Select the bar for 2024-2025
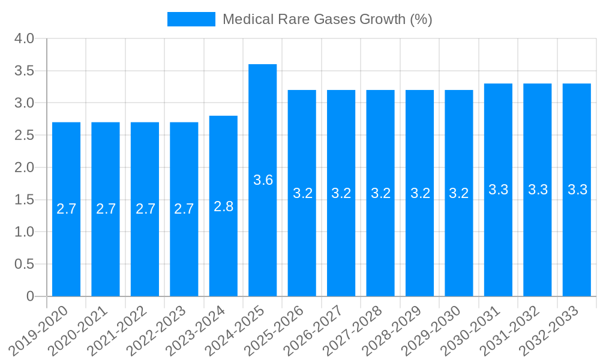click(x=263, y=180)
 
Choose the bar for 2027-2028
click(x=380, y=193)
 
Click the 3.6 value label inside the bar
click(x=263, y=180)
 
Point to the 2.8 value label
click(x=223, y=206)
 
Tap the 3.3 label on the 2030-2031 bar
click(x=498, y=190)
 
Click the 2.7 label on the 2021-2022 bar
click(x=145, y=209)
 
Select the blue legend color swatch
click(x=191, y=19)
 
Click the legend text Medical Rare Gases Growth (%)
click(x=327, y=19)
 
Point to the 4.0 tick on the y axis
click(x=24, y=39)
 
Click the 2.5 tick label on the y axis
click(x=24, y=136)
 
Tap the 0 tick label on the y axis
click(x=30, y=296)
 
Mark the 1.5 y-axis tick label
click(x=24, y=200)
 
